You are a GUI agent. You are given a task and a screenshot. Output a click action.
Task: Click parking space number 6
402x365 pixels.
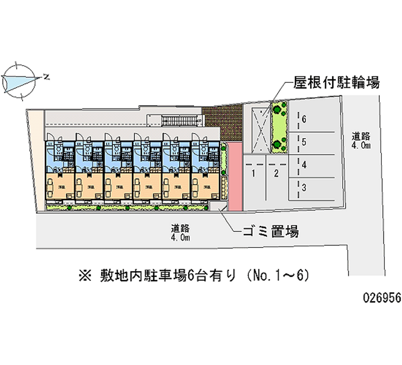(304, 119)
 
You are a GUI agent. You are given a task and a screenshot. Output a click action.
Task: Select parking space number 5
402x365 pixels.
(304, 142)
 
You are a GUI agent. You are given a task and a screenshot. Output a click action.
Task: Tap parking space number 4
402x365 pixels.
(304, 164)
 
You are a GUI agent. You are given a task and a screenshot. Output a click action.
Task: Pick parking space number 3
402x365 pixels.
(304, 187)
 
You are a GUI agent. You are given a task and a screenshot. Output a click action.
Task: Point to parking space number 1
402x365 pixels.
(254, 174)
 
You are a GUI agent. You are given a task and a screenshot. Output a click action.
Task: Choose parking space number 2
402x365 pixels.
(276, 174)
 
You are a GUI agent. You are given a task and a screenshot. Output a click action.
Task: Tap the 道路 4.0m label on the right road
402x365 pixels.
(361, 140)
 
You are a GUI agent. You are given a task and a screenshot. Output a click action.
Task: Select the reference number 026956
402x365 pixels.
(381, 297)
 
